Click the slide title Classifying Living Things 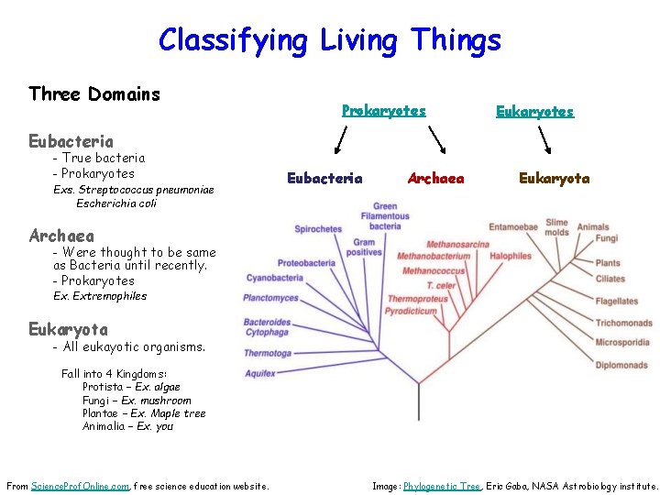330,40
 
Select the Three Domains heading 94,93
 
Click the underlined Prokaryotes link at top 383,110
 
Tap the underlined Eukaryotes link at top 534,111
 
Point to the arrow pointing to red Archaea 438,141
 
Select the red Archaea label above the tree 435,178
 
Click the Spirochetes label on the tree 318,228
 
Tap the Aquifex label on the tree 260,373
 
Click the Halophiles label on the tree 511,257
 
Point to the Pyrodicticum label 411,311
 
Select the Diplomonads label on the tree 621,365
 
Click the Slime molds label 556,226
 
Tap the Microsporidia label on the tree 622,343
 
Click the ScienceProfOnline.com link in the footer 80,486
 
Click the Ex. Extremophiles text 100,296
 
